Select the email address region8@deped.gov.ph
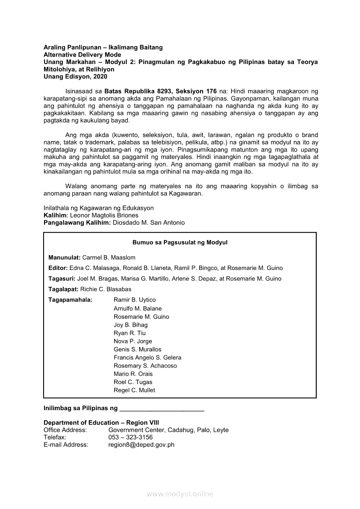point(141,445)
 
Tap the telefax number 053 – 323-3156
point(130,437)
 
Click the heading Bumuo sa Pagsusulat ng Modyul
point(180,243)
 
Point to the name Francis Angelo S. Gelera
point(147,357)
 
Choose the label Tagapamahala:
point(70,300)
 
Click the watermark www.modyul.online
point(180,494)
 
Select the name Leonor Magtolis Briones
point(104,215)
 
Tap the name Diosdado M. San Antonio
point(149,222)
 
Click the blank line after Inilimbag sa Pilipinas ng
point(162,409)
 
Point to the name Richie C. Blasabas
point(106,289)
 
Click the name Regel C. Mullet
point(134,390)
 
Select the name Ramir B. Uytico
point(135,300)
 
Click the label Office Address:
point(65,430)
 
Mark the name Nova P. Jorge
point(133,341)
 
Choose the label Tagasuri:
point(62,279)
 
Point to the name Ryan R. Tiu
point(130,333)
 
